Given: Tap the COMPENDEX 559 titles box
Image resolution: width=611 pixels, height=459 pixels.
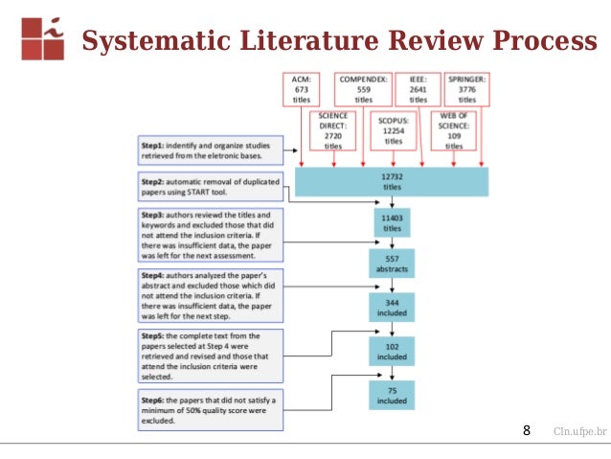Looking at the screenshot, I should (364, 88).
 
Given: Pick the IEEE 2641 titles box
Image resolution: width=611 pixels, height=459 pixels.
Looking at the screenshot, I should (419, 88).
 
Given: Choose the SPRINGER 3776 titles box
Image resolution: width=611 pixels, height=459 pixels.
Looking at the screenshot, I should (467, 88).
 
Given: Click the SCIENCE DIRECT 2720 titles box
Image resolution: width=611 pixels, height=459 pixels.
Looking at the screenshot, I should (333, 130).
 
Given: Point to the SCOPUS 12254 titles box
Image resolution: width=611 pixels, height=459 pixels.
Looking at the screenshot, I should (394, 130).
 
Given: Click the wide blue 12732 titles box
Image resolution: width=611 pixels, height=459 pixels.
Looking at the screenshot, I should (392, 181).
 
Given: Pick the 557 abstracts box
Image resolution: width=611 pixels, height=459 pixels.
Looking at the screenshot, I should (390, 264).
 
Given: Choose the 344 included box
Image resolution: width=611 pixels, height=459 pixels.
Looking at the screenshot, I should (390, 307).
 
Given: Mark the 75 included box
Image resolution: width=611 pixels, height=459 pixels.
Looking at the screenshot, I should (390, 395).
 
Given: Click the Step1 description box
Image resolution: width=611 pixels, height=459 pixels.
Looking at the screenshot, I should (210, 149).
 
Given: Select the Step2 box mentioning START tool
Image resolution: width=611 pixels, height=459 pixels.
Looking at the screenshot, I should (210, 186).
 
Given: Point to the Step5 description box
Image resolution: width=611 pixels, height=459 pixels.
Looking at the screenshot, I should (210, 356).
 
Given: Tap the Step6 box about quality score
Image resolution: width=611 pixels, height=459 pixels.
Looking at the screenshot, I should (210, 409).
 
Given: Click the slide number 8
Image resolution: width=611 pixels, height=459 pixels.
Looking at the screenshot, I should (526, 431).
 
